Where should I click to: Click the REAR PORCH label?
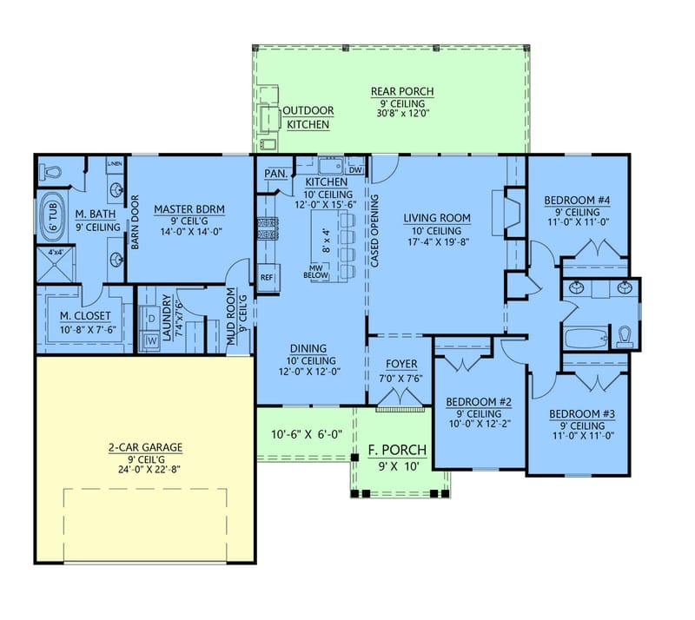pos(402,91)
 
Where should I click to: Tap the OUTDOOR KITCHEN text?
pos(308,117)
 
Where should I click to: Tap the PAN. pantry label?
pos(275,174)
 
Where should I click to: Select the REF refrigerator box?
pos(267,277)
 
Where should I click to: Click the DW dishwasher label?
pos(354,170)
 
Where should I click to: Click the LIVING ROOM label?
pos(437,218)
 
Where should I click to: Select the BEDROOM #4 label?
pos(578,201)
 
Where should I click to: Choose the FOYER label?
pos(401,364)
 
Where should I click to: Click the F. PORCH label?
pos(397,449)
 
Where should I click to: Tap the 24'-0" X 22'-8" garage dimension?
pos(145,469)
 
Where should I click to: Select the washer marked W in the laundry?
pos(152,340)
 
